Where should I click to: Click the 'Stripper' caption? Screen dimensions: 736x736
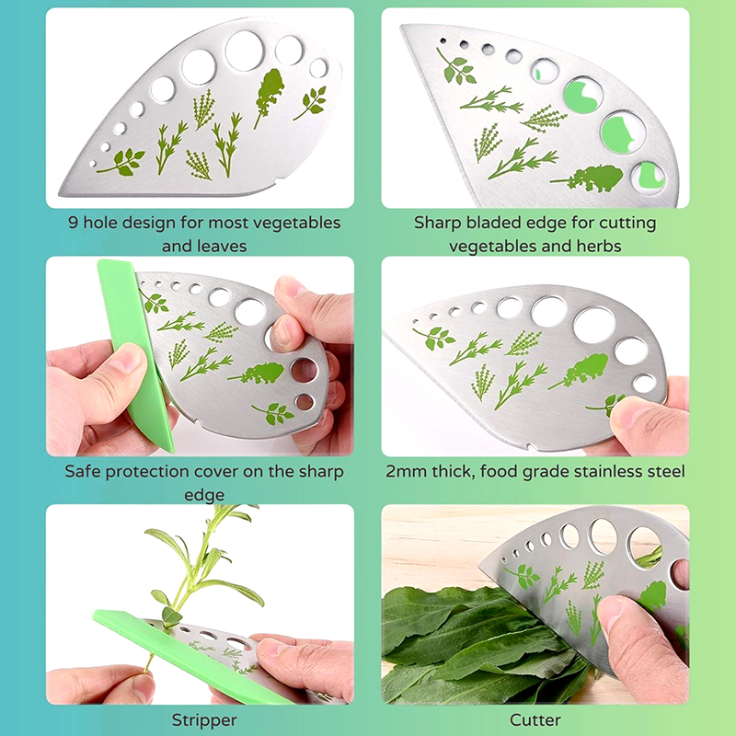pyautogui.click(x=204, y=720)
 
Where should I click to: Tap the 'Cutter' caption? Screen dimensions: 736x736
pyautogui.click(x=535, y=720)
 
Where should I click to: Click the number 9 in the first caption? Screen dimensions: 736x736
pyautogui.click(x=73, y=222)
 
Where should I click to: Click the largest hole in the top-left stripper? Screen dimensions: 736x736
pyautogui.click(x=245, y=51)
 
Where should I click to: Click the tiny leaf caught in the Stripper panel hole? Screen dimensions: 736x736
pyautogui.click(x=171, y=615)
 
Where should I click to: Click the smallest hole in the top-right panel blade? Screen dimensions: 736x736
pyautogui.click(x=443, y=41)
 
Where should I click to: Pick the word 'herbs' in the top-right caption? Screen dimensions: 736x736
pyautogui.click(x=599, y=246)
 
